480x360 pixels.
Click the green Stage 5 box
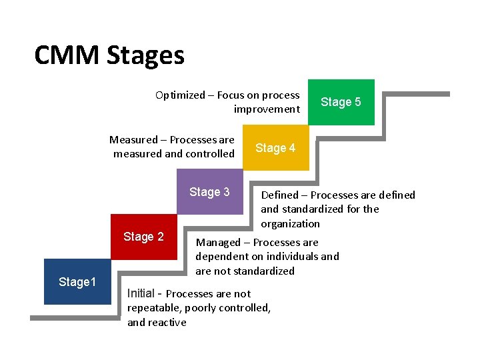(341, 102)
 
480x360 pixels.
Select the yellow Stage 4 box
(275, 148)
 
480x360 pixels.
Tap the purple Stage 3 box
(209, 192)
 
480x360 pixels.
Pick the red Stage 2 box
(143, 237)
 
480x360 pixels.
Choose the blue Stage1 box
(77, 282)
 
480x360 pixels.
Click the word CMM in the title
(67, 55)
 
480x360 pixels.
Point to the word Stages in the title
(145, 55)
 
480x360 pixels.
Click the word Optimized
(180, 95)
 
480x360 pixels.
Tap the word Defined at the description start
(280, 195)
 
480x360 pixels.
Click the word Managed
(218, 243)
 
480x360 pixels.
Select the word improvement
(267, 109)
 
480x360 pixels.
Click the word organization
(290, 224)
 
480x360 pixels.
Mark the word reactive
(167, 323)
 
